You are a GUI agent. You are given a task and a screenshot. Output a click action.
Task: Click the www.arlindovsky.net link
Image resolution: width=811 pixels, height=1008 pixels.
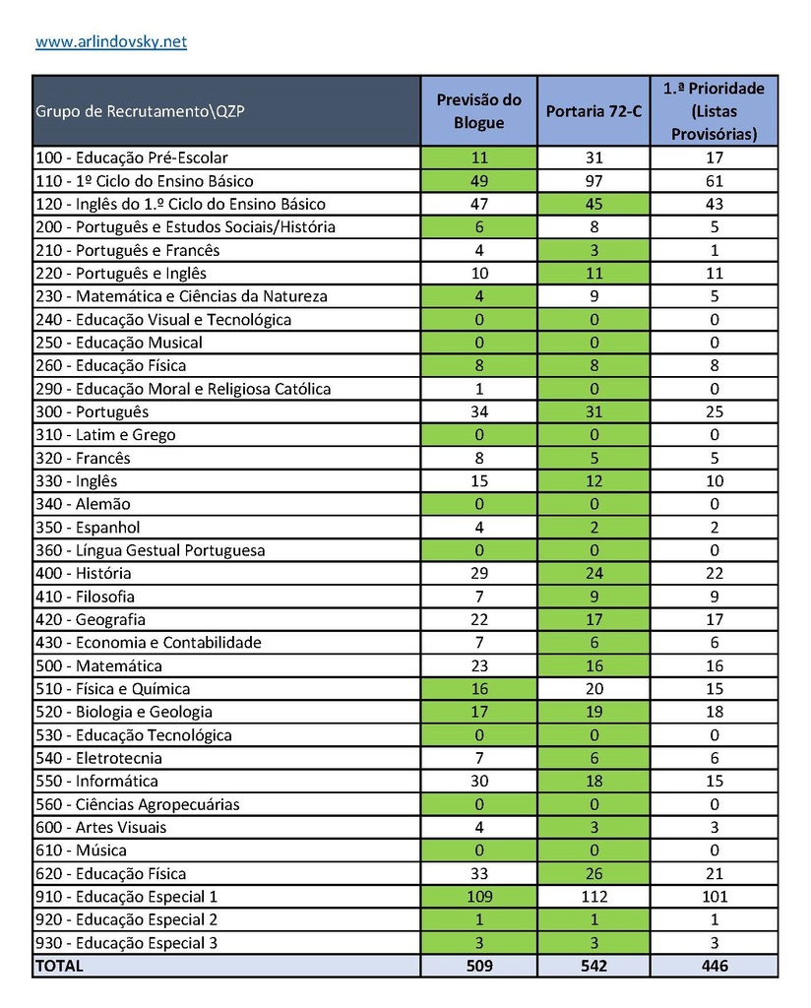coord(111,42)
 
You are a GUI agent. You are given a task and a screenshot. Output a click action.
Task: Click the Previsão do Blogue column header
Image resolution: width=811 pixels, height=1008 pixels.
coord(479,111)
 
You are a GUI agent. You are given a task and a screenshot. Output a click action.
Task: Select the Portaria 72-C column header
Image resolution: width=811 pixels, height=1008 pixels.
coord(593,111)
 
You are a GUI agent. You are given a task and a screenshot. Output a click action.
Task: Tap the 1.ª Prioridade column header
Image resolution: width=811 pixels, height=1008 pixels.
coord(715,111)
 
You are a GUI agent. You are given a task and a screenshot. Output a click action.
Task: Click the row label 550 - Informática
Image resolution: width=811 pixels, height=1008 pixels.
coord(96,782)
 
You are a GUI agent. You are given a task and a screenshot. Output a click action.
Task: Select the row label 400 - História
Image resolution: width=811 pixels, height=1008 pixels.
coord(83,573)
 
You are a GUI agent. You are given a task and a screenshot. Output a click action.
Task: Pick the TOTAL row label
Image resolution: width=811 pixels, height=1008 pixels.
coord(60,966)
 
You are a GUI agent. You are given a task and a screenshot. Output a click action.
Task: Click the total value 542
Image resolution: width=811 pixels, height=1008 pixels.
coord(593,966)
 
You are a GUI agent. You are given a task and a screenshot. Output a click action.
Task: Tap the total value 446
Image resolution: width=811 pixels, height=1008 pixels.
coord(715,966)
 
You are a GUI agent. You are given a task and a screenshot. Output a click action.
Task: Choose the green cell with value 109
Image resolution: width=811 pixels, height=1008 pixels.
coord(479,897)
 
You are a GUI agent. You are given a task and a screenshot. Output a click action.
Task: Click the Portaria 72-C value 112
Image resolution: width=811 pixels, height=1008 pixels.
coord(593,897)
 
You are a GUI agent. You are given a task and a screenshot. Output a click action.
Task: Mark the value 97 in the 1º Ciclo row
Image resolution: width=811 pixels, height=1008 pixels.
coord(593,181)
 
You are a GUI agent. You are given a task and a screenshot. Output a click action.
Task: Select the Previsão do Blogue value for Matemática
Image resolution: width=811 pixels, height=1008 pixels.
coord(479,665)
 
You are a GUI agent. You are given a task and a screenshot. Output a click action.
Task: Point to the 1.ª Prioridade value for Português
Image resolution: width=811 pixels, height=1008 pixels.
coord(715,411)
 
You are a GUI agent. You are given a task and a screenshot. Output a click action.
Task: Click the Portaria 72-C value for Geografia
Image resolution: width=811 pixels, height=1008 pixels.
coord(593,619)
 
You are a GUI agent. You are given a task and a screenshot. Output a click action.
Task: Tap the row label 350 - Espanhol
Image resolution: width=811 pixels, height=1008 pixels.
coord(88,527)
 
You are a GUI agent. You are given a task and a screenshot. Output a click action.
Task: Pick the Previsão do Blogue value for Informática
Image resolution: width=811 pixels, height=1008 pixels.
coord(479,782)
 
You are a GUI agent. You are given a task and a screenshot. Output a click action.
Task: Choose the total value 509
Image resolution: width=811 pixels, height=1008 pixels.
coord(479,966)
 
